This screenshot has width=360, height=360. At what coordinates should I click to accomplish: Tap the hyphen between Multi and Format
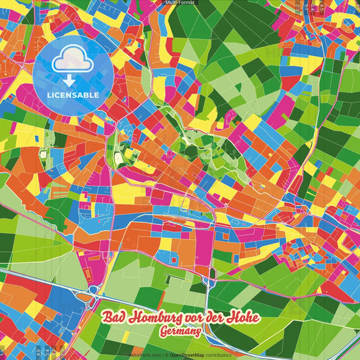pyautogui.click(x=177, y=3)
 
